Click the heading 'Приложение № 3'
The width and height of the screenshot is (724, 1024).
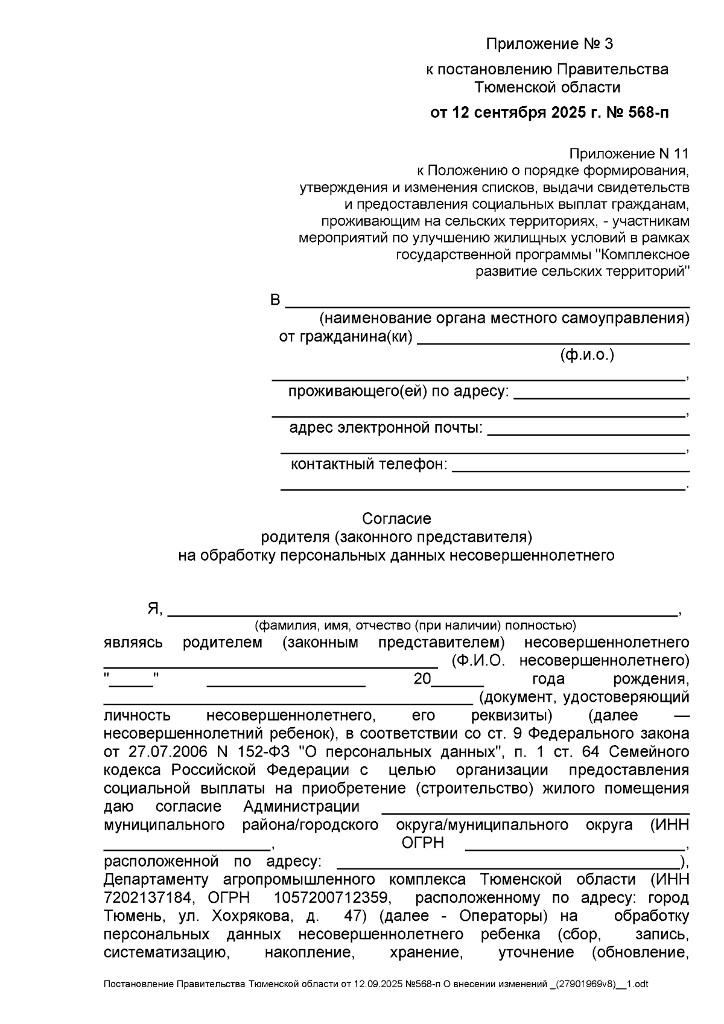549,44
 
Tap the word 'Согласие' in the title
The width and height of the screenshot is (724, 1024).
396,518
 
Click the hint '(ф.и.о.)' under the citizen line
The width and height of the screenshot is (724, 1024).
587,355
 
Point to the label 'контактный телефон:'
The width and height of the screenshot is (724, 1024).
369,465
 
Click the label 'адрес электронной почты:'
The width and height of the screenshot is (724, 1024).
386,428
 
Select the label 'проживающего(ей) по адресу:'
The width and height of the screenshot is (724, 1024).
399,391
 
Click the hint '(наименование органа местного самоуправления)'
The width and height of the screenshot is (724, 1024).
504,318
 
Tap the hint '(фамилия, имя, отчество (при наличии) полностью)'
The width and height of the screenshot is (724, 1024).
415,625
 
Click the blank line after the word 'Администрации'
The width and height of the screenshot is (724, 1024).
536,812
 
